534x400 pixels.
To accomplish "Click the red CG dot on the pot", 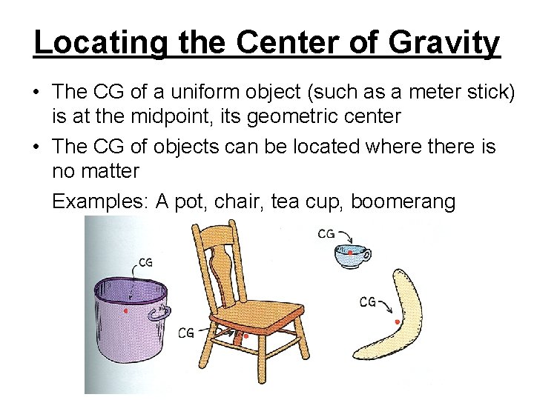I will coord(126,311).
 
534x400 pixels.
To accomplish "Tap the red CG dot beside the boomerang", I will coord(398,322).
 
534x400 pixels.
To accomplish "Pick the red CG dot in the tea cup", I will coord(350,253).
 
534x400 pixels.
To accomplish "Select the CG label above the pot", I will coord(145,262).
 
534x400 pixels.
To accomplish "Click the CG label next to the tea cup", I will coord(326,234).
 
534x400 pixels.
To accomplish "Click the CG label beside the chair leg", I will coord(185,333).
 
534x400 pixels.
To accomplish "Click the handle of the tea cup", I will coord(366,256).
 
